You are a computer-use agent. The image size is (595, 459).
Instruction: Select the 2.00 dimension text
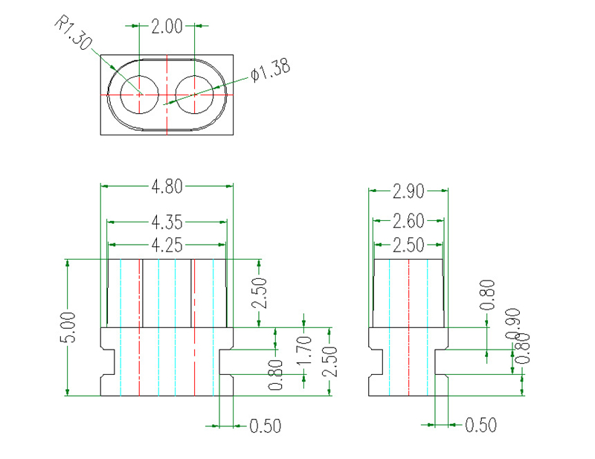167,27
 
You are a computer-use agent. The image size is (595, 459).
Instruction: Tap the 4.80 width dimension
167,187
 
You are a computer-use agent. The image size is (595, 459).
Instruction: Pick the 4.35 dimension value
167,222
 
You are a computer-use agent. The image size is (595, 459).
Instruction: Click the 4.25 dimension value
167,243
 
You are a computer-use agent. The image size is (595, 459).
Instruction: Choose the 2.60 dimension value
408,221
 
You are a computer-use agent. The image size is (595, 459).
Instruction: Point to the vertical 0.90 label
512,323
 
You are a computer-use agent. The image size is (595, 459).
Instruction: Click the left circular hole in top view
140,94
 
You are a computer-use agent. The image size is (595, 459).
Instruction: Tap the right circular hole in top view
195,94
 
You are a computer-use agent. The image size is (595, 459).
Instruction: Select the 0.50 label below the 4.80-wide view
266,426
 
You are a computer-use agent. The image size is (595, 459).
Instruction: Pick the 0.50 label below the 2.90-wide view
480,426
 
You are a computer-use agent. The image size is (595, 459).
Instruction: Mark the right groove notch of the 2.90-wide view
441,362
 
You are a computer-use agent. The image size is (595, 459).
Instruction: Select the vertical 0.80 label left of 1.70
276,375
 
